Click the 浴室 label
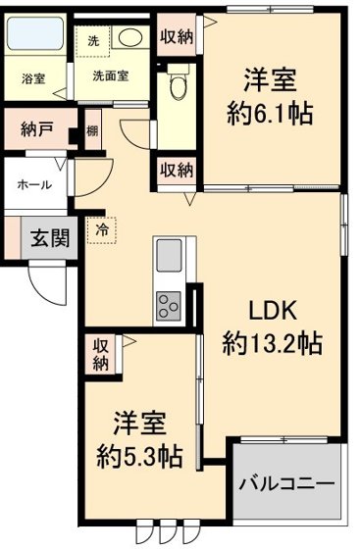tap(31, 79)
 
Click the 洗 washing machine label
tap(93, 41)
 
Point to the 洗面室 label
tap(112, 75)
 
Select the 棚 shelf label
tap(92, 130)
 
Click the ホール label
tap(35, 184)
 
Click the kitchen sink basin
tap(168, 257)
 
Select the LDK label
tap(272, 313)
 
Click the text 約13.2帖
tap(272, 344)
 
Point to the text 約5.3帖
tap(138, 456)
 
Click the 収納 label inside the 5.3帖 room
tap(101, 354)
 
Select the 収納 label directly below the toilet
tap(177, 169)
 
